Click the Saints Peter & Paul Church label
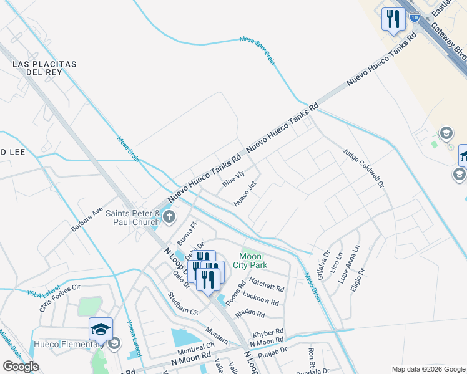tap(132, 218)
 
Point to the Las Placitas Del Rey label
tap(44, 68)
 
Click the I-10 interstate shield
tap(415, 17)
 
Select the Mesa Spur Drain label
tap(258, 48)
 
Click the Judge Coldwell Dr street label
tap(362, 168)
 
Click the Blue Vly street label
tap(234, 179)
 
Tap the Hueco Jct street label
tap(245, 194)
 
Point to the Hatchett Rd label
tap(267, 287)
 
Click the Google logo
tap(21, 367)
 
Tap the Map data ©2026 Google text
tap(428, 369)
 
